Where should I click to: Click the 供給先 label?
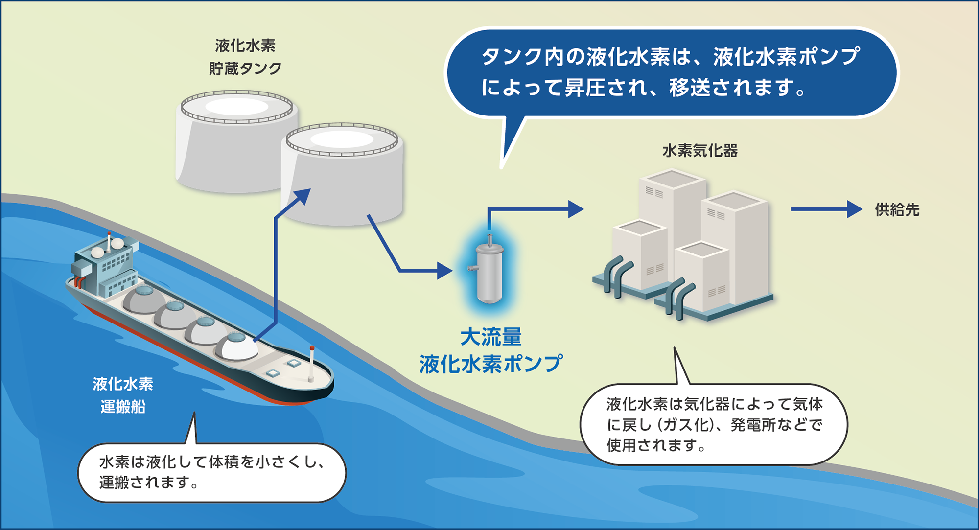tap(897, 210)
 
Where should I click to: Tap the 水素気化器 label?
tap(700, 151)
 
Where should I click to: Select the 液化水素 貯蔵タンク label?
tap(245, 57)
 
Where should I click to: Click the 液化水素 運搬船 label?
tap(123, 395)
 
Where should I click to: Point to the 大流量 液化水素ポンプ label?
tap(490, 351)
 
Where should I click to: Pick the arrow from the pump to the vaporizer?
tap(534, 209)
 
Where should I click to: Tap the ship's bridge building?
tap(105, 267)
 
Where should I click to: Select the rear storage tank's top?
tap(237, 107)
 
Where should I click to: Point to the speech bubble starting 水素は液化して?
tap(211, 472)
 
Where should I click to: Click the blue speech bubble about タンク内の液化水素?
tap(671, 72)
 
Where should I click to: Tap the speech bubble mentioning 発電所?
tap(714, 424)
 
